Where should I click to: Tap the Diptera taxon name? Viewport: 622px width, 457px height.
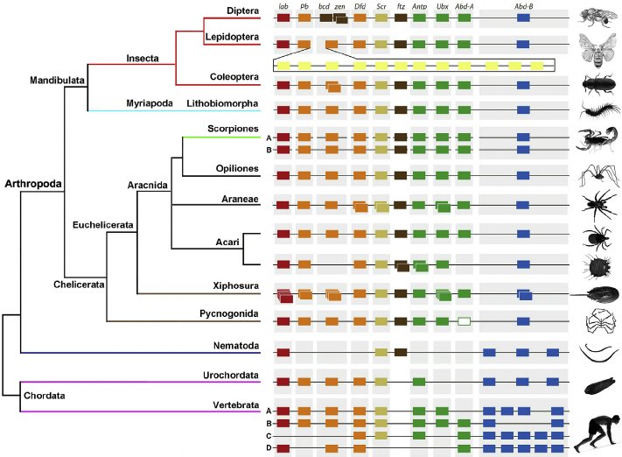pyautogui.click(x=240, y=10)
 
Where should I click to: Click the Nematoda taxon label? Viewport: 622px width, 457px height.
pyautogui.click(x=237, y=346)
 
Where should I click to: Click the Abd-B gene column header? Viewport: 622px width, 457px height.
pyautogui.click(x=523, y=7)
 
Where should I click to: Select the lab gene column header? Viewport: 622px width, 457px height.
pyautogui.click(x=283, y=7)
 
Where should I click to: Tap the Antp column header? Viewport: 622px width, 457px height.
pyautogui.click(x=419, y=7)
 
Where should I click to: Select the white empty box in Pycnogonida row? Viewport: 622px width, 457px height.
pyautogui.click(x=464, y=322)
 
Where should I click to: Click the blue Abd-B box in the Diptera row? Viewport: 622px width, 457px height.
pyautogui.click(x=523, y=18)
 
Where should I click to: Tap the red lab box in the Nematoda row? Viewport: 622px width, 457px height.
pyautogui.click(x=283, y=352)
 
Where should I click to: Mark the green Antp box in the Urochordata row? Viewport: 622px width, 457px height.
pyautogui.click(x=419, y=382)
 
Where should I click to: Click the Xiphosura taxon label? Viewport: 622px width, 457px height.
pyautogui.click(x=234, y=285)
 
